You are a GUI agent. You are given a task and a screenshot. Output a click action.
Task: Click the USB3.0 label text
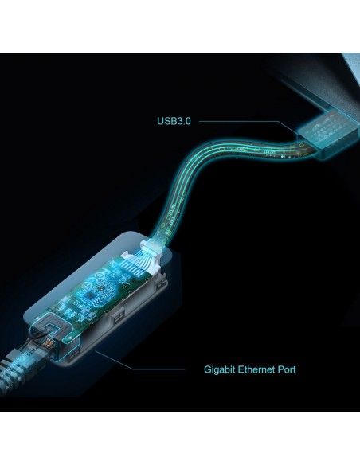coord(174,121)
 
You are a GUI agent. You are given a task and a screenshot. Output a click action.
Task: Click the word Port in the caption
coord(287,369)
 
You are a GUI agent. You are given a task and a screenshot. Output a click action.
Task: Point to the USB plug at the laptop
coord(327,134)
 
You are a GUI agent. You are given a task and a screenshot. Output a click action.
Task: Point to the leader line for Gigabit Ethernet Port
coord(139,361)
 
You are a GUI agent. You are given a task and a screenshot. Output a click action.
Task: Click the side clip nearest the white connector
coord(162,283)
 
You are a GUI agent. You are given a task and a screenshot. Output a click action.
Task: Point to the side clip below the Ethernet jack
coord(73,354)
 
